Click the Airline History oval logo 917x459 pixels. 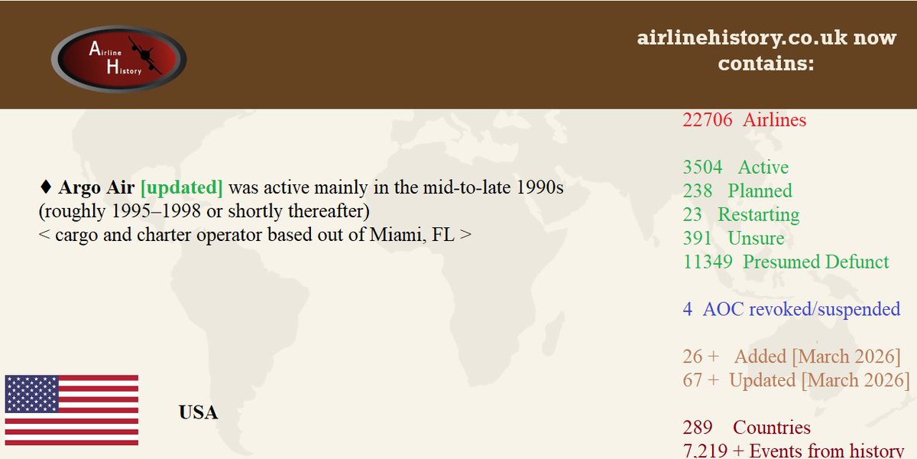pyautogui.click(x=118, y=59)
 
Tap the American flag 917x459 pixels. pyautogui.click(x=71, y=410)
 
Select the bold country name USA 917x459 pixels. pyautogui.click(x=198, y=413)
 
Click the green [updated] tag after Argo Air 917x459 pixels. pyautogui.click(x=182, y=187)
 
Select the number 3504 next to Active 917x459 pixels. pyautogui.click(x=702, y=168)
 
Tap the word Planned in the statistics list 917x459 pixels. pyautogui.click(x=760, y=191)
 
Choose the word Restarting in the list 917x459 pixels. pyautogui.click(x=758, y=215)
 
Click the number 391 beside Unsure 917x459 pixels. pyautogui.click(x=697, y=239)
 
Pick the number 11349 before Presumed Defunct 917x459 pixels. pyautogui.click(x=708, y=262)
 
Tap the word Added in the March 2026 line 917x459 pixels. pyautogui.click(x=760, y=357)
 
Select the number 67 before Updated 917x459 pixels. pyautogui.click(x=692, y=381)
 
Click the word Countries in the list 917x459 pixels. pyautogui.click(x=772, y=428)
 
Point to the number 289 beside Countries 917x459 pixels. pyautogui.click(x=697, y=428)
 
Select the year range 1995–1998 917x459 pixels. pyautogui.click(x=152, y=211)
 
